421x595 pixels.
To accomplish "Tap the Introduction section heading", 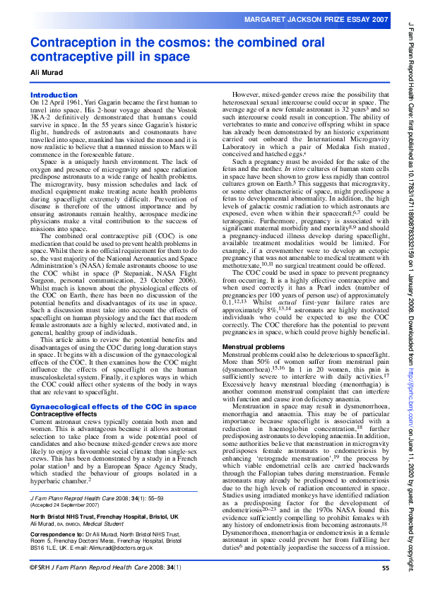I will [x=54, y=95].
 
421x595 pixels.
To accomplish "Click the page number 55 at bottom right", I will [x=386, y=587].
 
